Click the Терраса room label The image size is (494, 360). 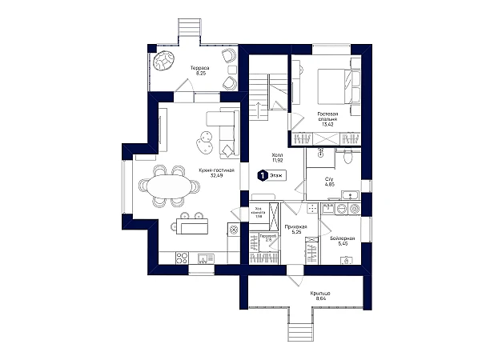(199, 71)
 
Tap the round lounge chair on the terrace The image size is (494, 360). (166, 61)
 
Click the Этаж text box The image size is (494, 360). (278, 174)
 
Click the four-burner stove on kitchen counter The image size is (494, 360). (182, 258)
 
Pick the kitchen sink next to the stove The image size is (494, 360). (203, 258)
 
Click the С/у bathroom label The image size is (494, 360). (329, 182)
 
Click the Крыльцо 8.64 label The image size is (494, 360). (320, 296)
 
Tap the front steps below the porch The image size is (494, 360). (302, 330)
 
